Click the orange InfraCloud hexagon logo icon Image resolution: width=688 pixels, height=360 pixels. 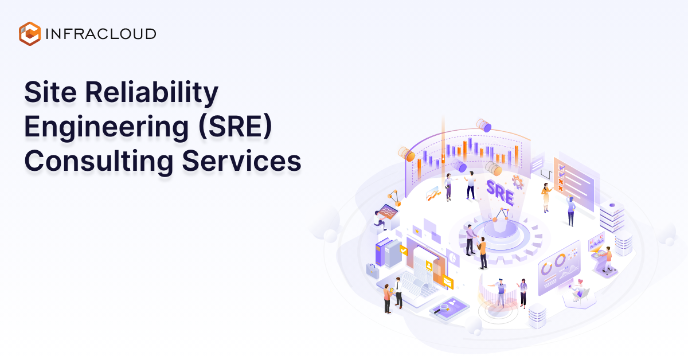pyautogui.click(x=29, y=33)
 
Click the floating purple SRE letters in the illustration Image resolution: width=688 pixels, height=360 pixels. pyautogui.click(x=499, y=191)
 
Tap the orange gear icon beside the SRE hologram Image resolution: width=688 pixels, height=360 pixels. pyautogui.click(x=518, y=183)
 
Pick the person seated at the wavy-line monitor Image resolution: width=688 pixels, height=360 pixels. pyautogui.click(x=378, y=219)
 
